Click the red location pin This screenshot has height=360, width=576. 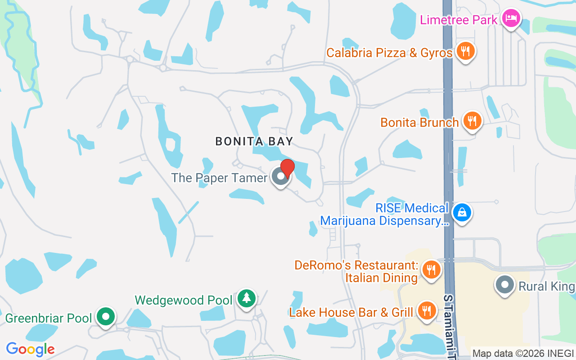pos(287,168)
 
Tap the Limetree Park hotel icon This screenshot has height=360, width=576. pos(511,19)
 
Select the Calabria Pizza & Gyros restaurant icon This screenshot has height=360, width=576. pos(465,51)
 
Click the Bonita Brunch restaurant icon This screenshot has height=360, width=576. pos(472,121)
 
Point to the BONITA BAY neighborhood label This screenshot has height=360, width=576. pos(254,141)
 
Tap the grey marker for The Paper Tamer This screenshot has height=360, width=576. pos(281,177)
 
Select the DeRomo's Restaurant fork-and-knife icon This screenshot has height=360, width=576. pos(431,270)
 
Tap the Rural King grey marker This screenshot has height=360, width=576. pos(504,285)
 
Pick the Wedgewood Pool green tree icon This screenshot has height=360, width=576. pos(246,298)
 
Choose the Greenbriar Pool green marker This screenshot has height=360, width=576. pos(106,316)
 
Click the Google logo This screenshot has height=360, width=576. pos(31,349)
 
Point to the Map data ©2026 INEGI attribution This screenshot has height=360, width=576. pos(523,353)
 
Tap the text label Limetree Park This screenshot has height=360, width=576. pos(459,20)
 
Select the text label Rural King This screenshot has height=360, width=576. pos(546,287)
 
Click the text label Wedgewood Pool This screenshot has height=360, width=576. pos(184,300)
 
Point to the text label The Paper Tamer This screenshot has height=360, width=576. pos(219,178)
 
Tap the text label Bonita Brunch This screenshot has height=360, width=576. pos(419,122)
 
